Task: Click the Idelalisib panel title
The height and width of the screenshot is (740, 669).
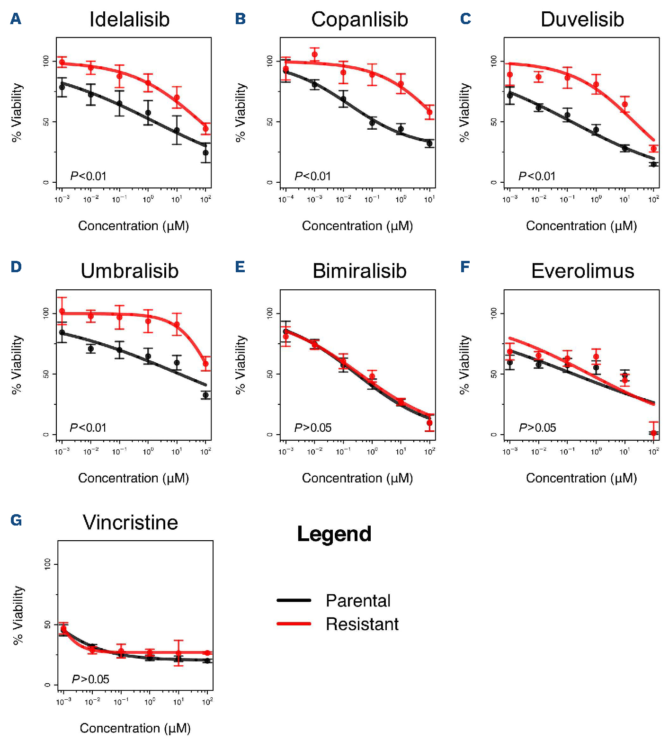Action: click(129, 19)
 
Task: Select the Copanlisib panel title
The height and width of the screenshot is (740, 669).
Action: click(359, 19)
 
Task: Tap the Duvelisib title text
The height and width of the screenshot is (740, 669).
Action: click(582, 19)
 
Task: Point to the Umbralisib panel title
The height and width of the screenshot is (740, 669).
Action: click(129, 271)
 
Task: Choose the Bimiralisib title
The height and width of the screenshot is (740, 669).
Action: click(359, 271)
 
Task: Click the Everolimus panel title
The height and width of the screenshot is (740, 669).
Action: click(582, 271)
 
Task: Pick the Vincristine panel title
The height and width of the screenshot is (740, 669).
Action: click(130, 522)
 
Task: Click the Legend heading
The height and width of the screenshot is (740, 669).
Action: click(334, 534)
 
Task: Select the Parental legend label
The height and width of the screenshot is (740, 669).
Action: click(358, 600)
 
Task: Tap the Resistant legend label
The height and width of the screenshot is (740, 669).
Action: click(362, 624)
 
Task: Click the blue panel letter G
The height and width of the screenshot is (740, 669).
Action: click(16, 520)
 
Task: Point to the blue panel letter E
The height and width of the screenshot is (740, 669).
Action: click(240, 267)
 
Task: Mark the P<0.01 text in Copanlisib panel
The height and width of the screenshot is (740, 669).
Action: click(312, 176)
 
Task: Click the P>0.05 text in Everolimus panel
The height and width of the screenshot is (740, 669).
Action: click(537, 428)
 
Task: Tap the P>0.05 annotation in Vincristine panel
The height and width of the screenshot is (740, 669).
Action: click(90, 679)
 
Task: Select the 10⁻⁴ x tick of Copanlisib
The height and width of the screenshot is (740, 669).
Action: click(285, 199)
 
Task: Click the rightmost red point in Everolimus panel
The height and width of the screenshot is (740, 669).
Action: click(653, 433)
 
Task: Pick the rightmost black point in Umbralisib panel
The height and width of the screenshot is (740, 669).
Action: click(205, 395)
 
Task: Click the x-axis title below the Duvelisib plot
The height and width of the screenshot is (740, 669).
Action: click(581, 226)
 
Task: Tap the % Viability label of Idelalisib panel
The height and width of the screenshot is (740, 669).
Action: click(17, 112)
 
